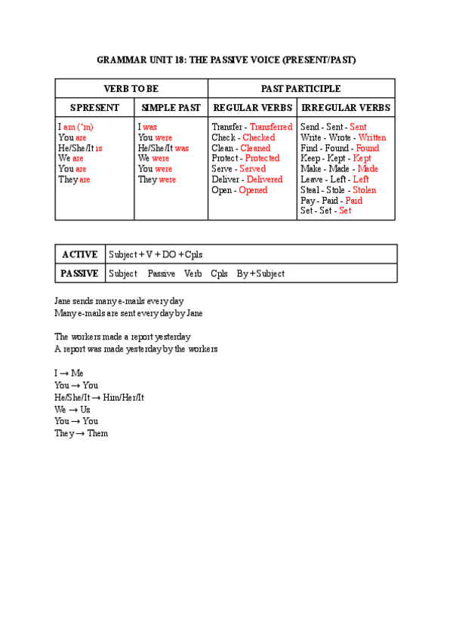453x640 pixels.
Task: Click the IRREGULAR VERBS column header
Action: [x=346, y=108]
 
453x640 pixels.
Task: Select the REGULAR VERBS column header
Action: [x=252, y=108]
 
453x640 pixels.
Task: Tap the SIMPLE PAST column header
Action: [x=171, y=108]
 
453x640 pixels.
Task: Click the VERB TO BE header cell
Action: [x=131, y=89]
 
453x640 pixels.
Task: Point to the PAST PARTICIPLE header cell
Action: [x=300, y=89]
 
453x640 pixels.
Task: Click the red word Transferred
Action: [x=271, y=128]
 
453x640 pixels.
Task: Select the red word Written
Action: [x=372, y=138]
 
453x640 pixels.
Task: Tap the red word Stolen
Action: [x=364, y=190]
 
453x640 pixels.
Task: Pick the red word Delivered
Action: [x=264, y=180]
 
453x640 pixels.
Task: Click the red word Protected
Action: [x=262, y=158]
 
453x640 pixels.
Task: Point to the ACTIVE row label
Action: [x=79, y=254]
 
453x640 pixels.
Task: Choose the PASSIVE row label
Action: [x=79, y=273]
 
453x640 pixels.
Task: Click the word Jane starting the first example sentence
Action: [x=63, y=301]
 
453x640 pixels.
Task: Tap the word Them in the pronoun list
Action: [x=97, y=434]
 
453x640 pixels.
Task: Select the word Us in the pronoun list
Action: [x=85, y=410]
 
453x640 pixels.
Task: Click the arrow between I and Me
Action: [x=65, y=374]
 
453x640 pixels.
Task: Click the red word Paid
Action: [x=354, y=201]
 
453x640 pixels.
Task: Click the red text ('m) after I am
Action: [x=85, y=128]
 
